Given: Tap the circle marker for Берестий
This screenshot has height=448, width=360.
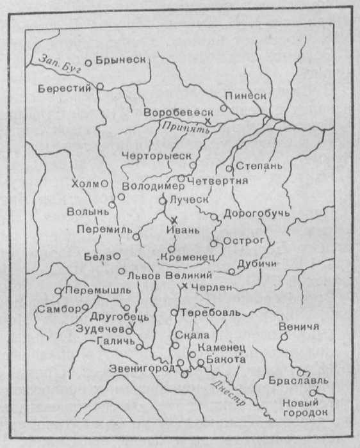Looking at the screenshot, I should pos(100,86).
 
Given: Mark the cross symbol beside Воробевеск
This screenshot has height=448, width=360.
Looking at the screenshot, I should pos(207,120).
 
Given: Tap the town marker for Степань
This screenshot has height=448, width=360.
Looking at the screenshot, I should pos(230,168).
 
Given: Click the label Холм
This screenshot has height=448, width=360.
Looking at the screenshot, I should pos(85,183).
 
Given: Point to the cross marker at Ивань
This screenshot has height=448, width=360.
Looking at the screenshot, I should pos(174,220).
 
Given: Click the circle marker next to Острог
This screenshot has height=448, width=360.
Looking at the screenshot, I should pos(213,243).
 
